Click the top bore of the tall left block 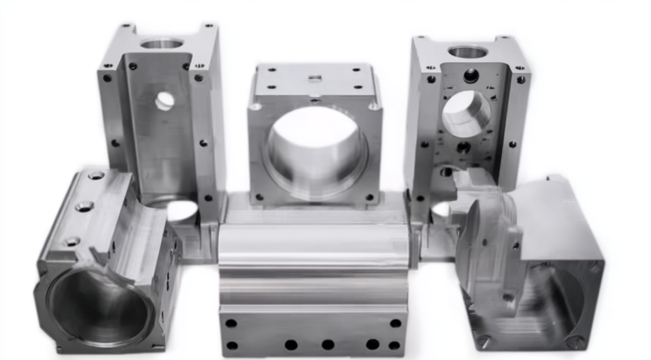162,44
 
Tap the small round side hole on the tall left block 165,101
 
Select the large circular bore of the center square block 315,150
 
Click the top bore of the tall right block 468,52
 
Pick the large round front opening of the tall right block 466,114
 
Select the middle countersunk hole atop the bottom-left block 84,207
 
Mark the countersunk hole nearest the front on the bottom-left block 70,241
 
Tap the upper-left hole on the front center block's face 231,323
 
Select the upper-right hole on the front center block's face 396,323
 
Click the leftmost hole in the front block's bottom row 232,346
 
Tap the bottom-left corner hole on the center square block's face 259,197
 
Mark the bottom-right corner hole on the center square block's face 370,197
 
